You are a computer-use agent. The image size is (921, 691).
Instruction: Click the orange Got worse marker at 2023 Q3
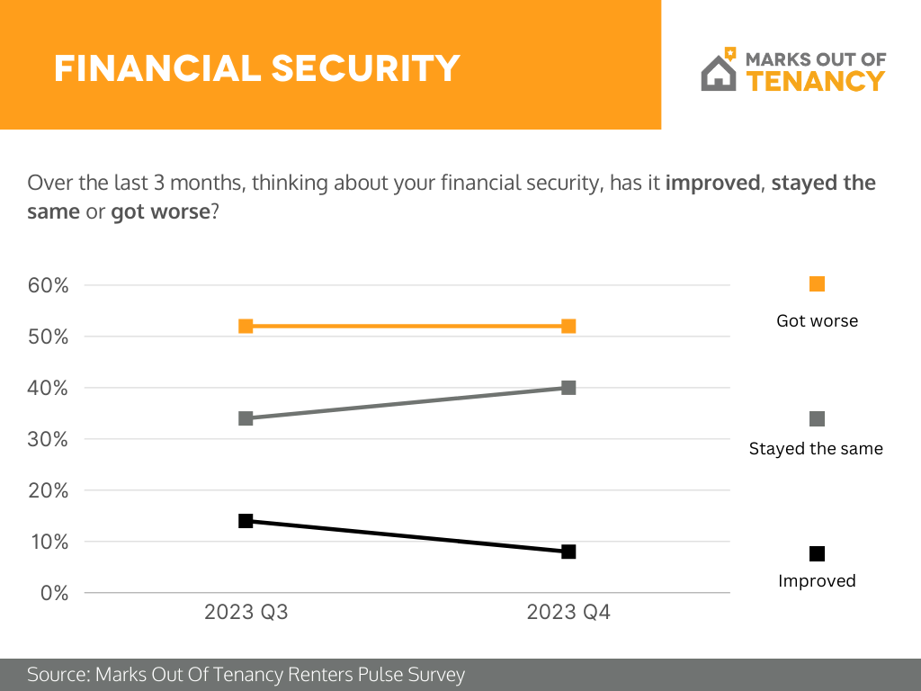(x=246, y=326)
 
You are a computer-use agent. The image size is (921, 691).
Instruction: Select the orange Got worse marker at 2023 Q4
(x=568, y=326)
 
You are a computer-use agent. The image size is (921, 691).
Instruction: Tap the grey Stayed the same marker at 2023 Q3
(x=246, y=418)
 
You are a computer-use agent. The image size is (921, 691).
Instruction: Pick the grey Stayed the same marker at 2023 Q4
(x=568, y=388)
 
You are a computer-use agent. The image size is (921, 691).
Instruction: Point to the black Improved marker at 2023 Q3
(x=246, y=521)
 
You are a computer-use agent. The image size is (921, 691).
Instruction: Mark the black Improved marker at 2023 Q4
(x=568, y=552)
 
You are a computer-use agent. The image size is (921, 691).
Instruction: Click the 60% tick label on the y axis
(x=49, y=285)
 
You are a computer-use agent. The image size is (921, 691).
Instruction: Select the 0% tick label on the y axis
(x=55, y=593)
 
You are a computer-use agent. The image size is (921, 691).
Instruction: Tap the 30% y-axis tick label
(x=49, y=439)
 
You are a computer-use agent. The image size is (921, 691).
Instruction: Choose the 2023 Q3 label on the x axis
(x=246, y=612)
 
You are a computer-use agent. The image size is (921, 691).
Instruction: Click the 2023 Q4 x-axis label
(x=568, y=612)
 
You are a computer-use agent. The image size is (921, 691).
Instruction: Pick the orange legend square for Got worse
(x=817, y=283)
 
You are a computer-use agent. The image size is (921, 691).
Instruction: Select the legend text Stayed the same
(x=816, y=449)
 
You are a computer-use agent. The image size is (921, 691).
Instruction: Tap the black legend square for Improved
(x=817, y=553)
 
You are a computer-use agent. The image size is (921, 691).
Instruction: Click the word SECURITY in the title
(x=366, y=68)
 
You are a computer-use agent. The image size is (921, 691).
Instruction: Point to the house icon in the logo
(x=719, y=70)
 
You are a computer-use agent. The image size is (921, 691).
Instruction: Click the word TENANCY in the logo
(x=816, y=81)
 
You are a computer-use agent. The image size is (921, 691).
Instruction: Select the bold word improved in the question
(x=712, y=183)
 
